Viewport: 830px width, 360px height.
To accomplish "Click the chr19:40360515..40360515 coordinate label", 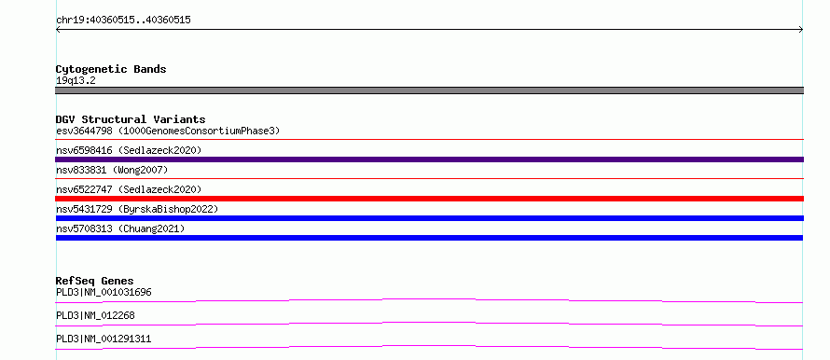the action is (x=123, y=21).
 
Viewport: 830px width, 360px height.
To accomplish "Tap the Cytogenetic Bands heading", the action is (x=111, y=69).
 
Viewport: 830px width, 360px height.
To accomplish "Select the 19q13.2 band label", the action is (x=76, y=81).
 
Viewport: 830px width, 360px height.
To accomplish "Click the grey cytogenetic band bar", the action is (x=429, y=90).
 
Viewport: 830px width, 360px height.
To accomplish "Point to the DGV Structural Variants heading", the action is (x=131, y=119).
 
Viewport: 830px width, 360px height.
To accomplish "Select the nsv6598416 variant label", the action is (x=129, y=150).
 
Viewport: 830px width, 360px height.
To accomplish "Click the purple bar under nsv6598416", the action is (x=429, y=159).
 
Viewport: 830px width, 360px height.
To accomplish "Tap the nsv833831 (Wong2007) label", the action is (x=112, y=170).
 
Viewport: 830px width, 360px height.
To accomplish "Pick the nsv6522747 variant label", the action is (x=129, y=189).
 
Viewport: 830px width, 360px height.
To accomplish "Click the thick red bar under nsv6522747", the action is (x=429, y=199).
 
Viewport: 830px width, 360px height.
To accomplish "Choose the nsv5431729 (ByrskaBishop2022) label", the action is (x=137, y=209).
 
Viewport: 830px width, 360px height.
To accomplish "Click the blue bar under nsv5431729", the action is (x=429, y=218).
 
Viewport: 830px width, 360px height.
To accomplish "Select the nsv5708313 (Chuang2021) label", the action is (x=120, y=228).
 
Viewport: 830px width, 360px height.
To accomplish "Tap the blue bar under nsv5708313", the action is (x=429, y=238).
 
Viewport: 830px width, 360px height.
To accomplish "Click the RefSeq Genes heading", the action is (x=95, y=281).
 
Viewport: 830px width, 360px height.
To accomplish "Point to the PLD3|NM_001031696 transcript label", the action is (x=104, y=292).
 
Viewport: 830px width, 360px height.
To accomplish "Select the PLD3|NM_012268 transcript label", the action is (x=95, y=315).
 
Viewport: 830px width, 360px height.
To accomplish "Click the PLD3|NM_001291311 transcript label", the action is (x=104, y=339).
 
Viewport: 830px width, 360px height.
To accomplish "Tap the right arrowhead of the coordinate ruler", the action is (x=802, y=30).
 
